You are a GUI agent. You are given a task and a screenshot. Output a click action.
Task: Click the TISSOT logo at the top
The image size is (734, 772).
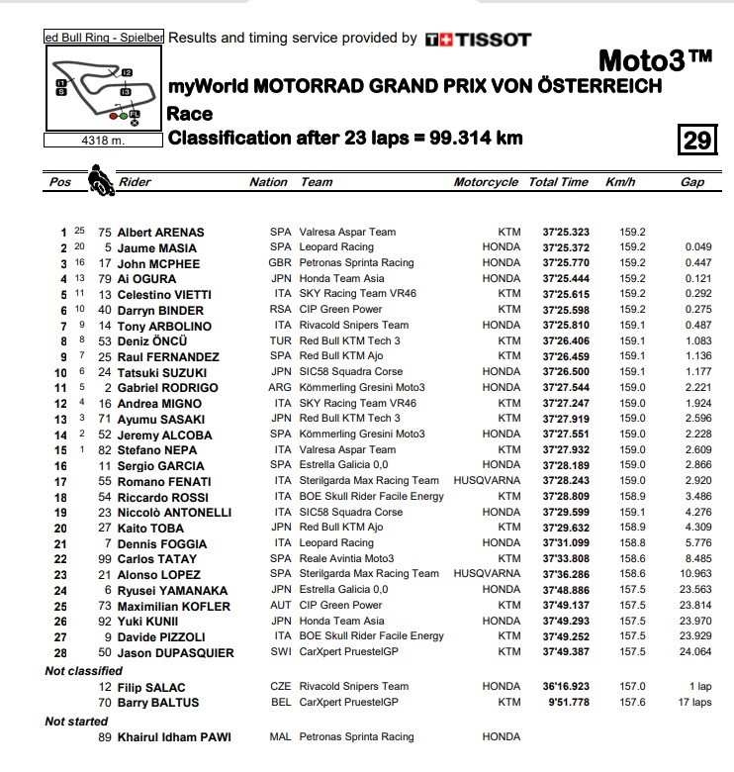click(478, 40)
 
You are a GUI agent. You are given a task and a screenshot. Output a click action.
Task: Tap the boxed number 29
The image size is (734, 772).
click(697, 140)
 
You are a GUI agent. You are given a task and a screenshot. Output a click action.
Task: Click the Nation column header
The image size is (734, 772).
click(268, 182)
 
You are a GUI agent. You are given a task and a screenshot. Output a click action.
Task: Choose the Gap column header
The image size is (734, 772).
click(692, 182)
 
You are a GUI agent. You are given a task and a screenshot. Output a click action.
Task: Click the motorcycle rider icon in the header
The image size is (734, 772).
click(99, 180)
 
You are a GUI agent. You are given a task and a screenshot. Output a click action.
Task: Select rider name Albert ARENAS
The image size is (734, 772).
click(160, 233)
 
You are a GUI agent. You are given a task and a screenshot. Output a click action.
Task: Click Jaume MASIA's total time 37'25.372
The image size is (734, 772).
click(565, 248)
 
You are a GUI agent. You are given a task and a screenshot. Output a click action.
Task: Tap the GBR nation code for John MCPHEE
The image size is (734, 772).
click(281, 264)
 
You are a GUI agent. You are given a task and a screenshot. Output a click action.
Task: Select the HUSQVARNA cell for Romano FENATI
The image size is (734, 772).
click(486, 481)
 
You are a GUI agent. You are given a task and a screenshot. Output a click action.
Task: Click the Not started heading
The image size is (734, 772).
click(78, 722)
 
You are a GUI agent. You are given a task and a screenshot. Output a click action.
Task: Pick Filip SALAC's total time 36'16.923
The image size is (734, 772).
click(565, 687)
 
